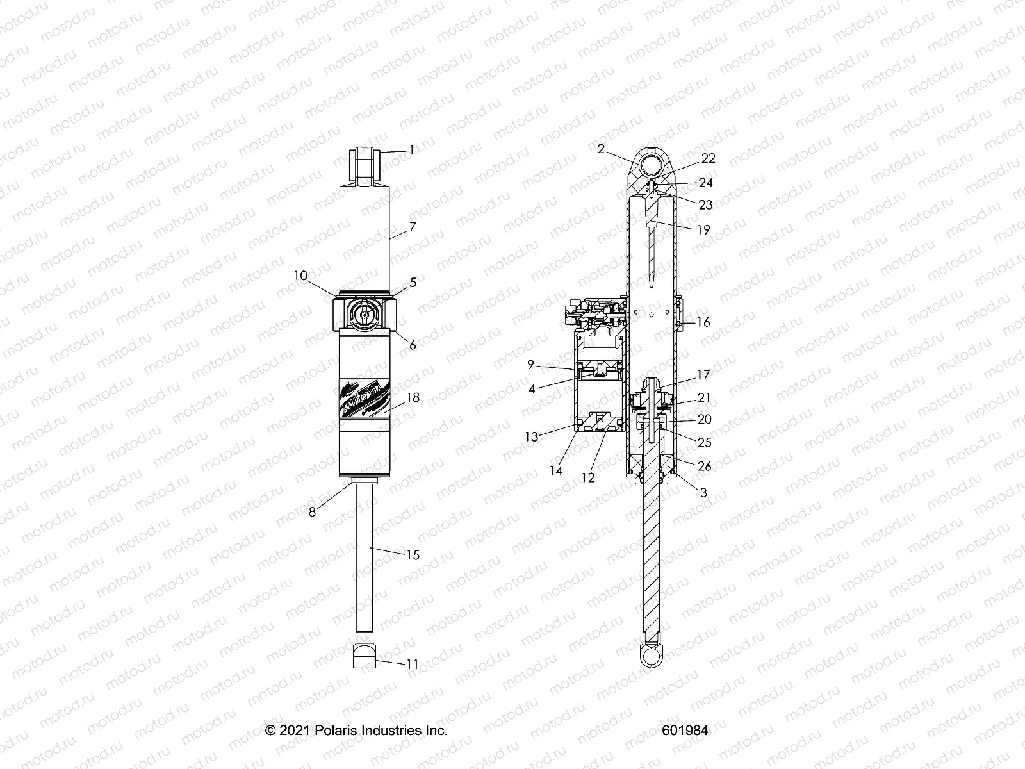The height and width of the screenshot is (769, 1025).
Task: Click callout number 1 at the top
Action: pos(429,151)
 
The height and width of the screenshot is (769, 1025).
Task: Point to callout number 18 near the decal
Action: pos(413,398)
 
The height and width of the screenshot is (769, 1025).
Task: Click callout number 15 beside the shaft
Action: pos(413,554)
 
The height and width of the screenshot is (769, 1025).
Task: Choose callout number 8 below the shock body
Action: pos(312,512)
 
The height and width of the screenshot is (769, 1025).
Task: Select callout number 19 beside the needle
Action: pos(703,229)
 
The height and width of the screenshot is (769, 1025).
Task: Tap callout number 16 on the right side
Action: pos(703,322)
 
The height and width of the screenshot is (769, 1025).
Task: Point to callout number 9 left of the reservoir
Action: pos(530,365)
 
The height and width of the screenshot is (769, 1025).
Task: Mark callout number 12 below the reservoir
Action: pos(587,477)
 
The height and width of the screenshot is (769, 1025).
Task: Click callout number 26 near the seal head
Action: pos(704,466)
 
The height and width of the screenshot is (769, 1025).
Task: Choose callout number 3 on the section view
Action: pos(703,493)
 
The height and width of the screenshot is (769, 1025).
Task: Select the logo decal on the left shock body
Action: pos(364,397)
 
